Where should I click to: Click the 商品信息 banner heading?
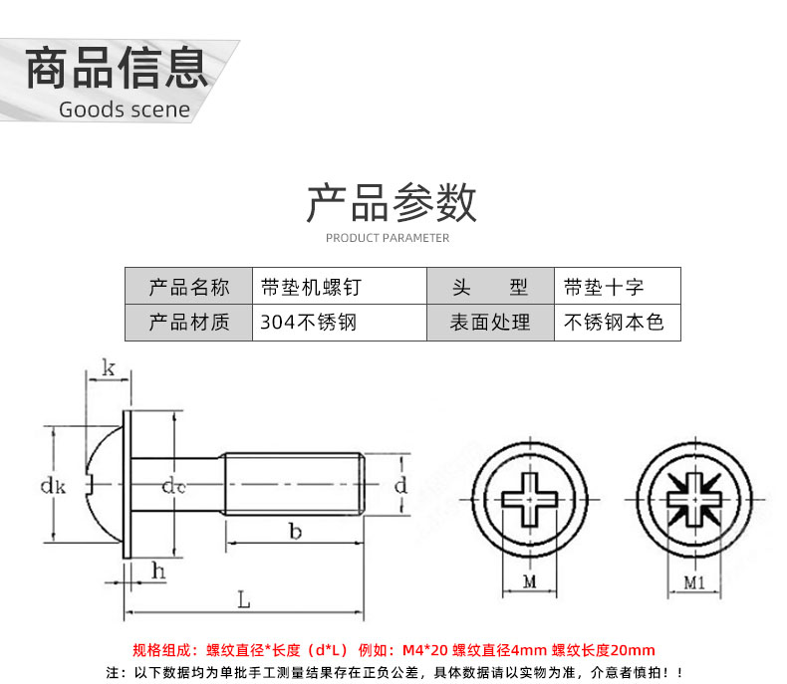[x=117, y=68]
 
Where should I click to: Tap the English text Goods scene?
[x=125, y=110]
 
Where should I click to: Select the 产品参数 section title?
[x=391, y=202]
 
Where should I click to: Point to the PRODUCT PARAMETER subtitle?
[x=388, y=238]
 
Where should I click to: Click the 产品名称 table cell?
[x=188, y=287]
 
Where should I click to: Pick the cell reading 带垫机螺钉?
[x=340, y=287]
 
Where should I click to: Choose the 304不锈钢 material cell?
[x=340, y=323]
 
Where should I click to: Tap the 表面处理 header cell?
[x=490, y=323]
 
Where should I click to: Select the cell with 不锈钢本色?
[x=618, y=323]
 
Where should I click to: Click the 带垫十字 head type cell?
[x=618, y=287]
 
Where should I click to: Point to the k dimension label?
[x=109, y=367]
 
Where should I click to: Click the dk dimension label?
[x=53, y=486]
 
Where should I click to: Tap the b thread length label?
[x=295, y=531]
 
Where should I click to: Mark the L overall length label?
[x=243, y=599]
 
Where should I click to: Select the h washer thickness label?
[x=158, y=570]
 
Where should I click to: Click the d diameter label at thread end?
[x=400, y=485]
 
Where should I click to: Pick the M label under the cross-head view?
[x=530, y=581]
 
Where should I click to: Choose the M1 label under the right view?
[x=694, y=582]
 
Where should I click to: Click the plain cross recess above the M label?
[x=530, y=500]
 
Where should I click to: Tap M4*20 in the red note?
[x=424, y=650]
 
